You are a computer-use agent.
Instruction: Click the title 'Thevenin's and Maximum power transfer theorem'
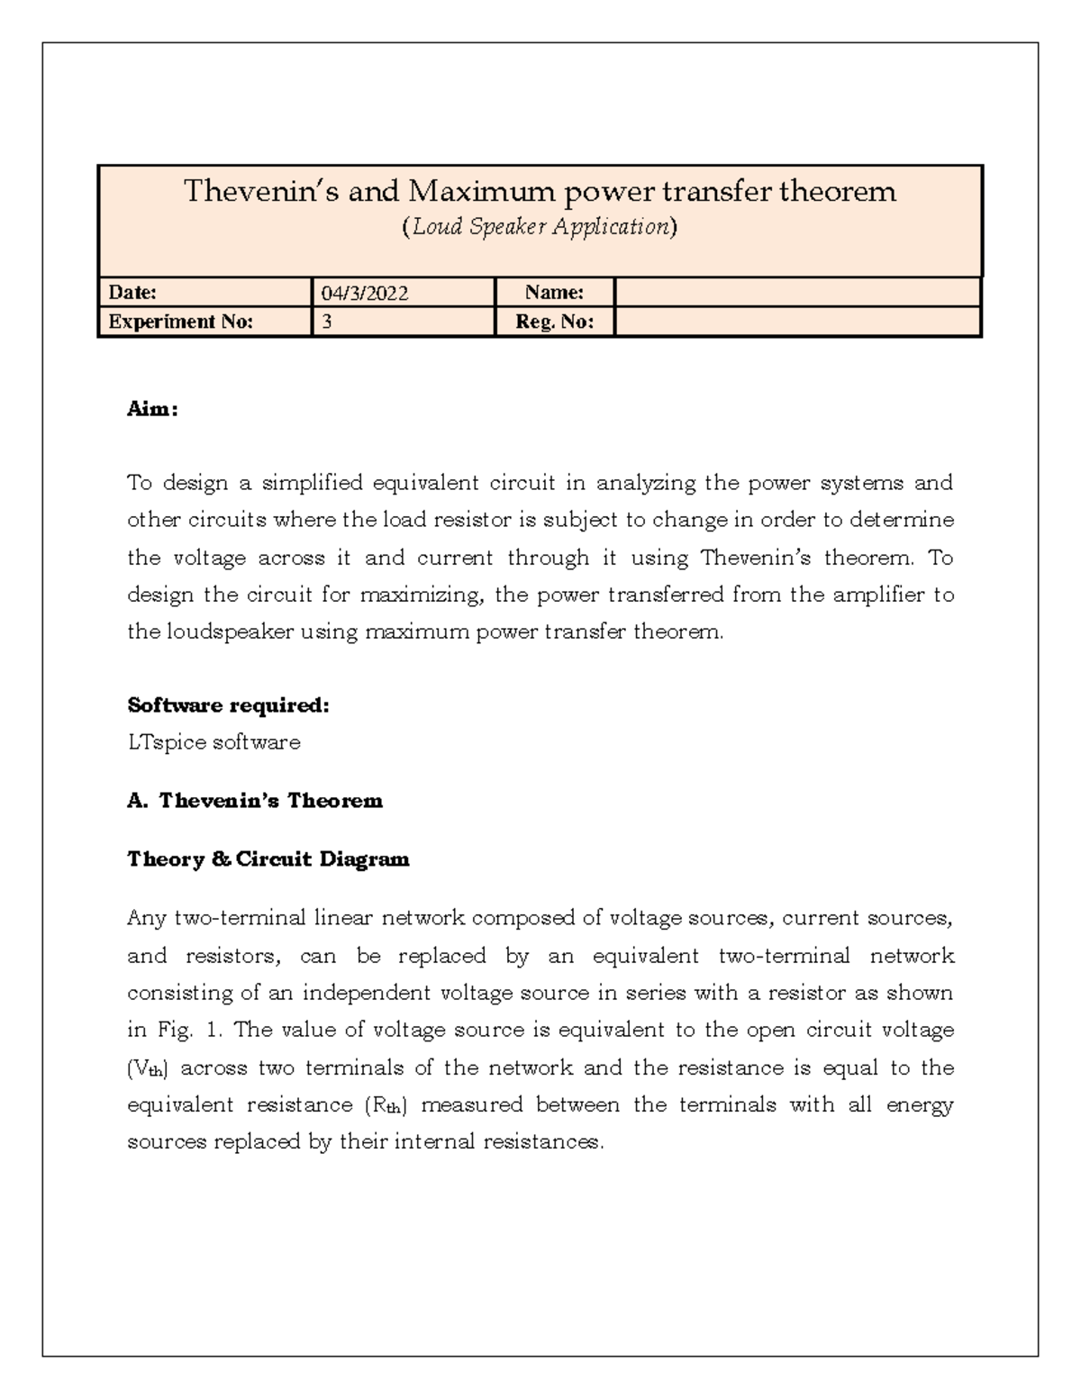click(x=540, y=191)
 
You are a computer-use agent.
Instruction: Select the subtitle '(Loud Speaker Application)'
click(x=539, y=227)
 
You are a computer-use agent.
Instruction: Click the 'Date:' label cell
click(x=132, y=293)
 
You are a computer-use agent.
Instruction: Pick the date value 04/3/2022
click(x=365, y=294)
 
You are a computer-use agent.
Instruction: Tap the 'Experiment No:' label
click(x=180, y=322)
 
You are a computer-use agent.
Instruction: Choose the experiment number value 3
click(x=327, y=322)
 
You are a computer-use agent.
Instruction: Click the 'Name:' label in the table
click(x=554, y=293)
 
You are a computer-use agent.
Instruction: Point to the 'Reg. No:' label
click(x=554, y=322)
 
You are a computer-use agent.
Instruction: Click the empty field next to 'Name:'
click(x=796, y=293)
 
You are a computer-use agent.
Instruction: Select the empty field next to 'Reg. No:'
click(x=796, y=322)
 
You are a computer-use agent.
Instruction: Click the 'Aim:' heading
click(x=152, y=409)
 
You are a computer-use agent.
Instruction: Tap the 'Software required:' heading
click(x=228, y=705)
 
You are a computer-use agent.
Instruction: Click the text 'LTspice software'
click(x=213, y=742)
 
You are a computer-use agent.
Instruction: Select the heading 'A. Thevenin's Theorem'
click(x=255, y=801)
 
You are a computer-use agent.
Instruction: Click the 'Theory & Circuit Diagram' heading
click(x=268, y=859)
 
